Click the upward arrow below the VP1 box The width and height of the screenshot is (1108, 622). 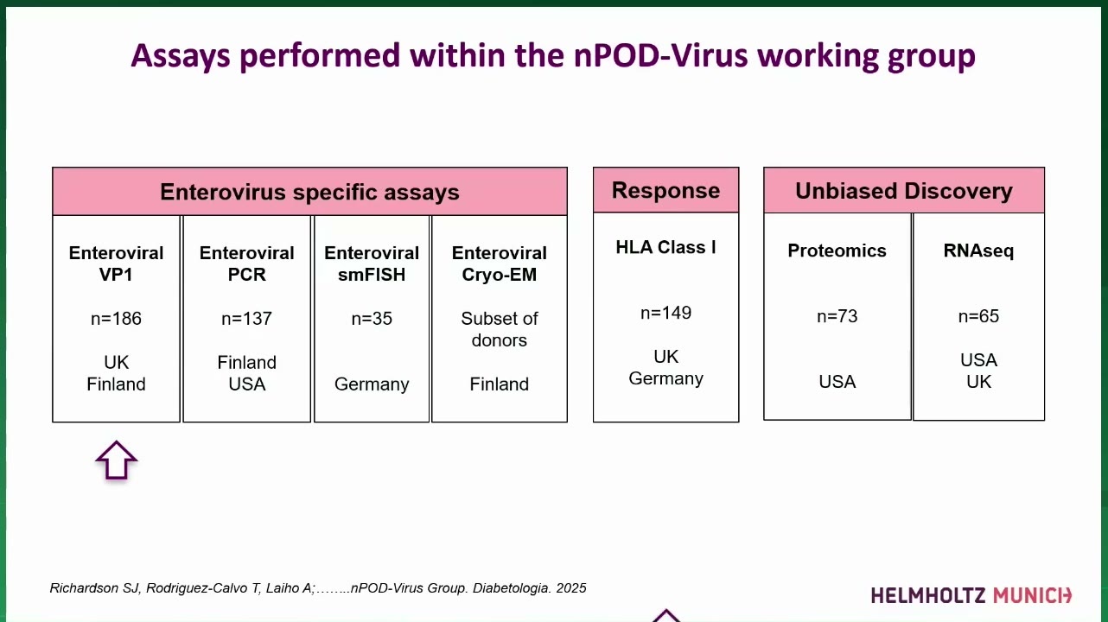tap(116, 460)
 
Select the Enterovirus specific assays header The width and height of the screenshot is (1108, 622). tap(309, 191)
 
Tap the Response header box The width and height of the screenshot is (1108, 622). tap(665, 190)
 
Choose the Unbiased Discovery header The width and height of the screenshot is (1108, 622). tap(904, 190)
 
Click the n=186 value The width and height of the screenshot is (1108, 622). tap(116, 319)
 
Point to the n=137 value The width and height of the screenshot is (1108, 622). tap(247, 319)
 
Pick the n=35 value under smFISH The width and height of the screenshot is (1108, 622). tap(372, 319)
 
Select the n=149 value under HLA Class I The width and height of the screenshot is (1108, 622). tap(665, 313)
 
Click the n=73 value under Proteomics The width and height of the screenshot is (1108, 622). tap(837, 316)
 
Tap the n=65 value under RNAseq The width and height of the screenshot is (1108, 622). tap(978, 316)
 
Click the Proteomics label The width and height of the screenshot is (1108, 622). tap(837, 251)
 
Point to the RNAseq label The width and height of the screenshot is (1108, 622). tap(978, 251)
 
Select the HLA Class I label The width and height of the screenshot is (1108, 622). tap(665, 247)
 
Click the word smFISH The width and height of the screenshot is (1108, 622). tap(372, 275)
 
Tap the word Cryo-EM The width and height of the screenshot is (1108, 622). tap(499, 275)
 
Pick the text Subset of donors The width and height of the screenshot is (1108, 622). tap(499, 329)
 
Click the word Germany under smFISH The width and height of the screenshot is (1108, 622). tap(372, 384)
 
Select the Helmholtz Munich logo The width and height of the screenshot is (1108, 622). tap(971, 595)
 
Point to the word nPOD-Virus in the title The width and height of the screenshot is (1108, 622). tap(661, 55)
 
